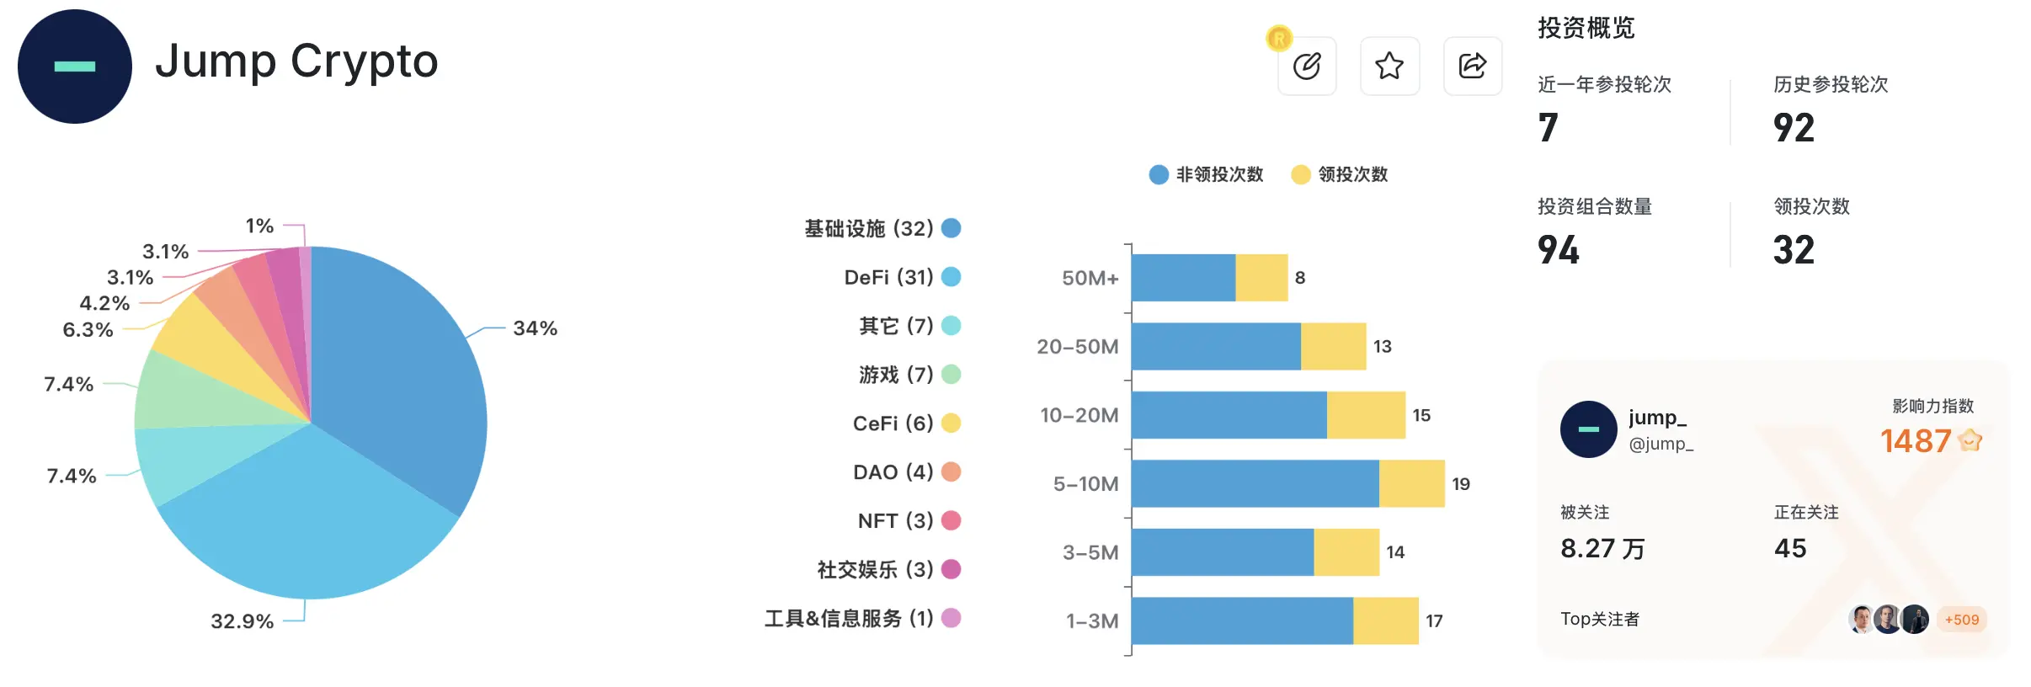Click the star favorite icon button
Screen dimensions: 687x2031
(x=1389, y=66)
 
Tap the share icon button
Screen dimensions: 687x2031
(x=1472, y=66)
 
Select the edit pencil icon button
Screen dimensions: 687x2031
(x=1307, y=66)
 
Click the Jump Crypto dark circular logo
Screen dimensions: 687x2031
(x=75, y=67)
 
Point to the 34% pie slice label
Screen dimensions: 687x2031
(x=535, y=328)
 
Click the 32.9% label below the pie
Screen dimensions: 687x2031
(x=242, y=621)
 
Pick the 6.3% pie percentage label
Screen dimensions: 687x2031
(x=88, y=329)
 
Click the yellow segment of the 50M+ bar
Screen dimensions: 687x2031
(x=1261, y=278)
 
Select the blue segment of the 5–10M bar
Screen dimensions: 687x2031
(x=1255, y=483)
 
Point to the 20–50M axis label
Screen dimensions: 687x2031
(x=1077, y=347)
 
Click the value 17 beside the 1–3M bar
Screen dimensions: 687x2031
(x=1434, y=621)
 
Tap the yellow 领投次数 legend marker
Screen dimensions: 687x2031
(x=1300, y=174)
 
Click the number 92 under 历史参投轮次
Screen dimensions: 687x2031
(x=1794, y=128)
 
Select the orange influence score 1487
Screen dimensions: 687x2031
(x=1915, y=441)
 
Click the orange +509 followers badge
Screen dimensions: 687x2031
(x=1961, y=620)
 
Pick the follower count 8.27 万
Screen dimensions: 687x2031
(x=1602, y=549)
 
